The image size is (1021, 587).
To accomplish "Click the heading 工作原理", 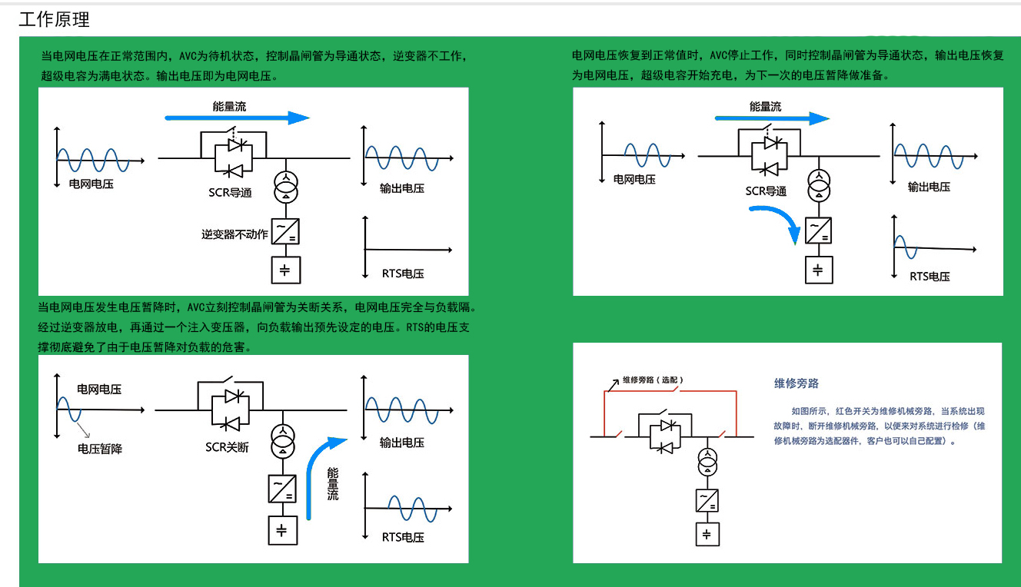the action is pos(55,19).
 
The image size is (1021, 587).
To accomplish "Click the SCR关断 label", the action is pos(227,447).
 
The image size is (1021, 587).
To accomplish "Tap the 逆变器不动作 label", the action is pos(234,234).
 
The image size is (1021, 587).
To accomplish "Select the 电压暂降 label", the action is pos(100,449).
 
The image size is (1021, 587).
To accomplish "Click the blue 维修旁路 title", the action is pos(797,383).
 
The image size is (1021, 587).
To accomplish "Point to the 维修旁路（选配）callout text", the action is pos(653,380).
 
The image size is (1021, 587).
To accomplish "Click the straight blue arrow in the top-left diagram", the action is pos(237,118).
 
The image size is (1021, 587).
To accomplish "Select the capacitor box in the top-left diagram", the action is pos(286,270).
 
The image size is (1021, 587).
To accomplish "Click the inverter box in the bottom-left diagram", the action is pos(282,489).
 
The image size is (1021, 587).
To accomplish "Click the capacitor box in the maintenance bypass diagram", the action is pos(707,534).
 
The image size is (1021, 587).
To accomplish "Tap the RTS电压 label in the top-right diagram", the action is pos(930,277).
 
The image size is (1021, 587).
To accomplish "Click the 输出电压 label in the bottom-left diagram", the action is pos(402,443).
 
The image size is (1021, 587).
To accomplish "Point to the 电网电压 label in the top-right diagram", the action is pos(634,180).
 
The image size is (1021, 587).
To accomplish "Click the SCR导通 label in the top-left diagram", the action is pos(230,193).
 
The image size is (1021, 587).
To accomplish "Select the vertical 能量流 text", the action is pos(333,484).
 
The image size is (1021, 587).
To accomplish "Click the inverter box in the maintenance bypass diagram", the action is pos(707,500).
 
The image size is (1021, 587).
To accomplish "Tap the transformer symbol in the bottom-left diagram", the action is pos(283,441).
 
